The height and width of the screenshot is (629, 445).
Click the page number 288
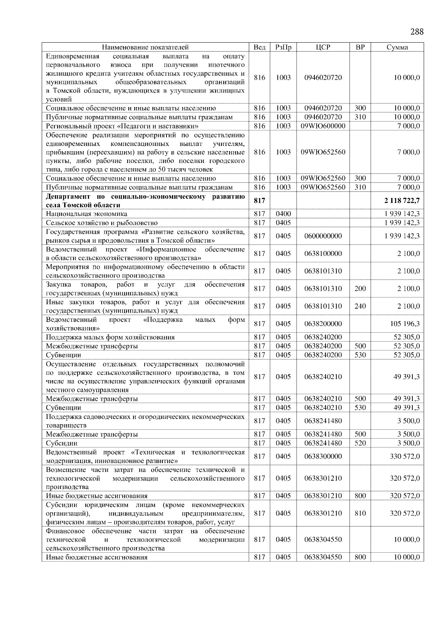417,31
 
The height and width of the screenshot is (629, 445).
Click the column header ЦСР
323,47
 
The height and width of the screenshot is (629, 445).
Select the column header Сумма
397,47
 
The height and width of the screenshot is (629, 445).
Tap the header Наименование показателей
145,47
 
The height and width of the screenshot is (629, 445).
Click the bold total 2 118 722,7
402,200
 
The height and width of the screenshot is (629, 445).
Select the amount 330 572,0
405,456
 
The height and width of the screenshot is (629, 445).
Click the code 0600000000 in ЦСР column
323,236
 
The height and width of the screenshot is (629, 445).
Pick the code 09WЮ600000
323,126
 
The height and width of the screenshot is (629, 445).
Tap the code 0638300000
323,456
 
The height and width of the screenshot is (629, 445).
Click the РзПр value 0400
283,214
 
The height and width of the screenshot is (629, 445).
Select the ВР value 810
360,513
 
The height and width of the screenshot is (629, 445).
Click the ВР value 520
360,443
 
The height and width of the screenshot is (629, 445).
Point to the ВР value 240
360,306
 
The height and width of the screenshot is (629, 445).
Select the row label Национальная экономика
86,214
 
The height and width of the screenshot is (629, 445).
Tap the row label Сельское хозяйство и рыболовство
102,223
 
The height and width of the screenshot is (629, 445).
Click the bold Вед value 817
260,200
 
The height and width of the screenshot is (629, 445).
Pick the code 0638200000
323,324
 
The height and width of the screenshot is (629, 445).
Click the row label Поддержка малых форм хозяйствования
110,337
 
